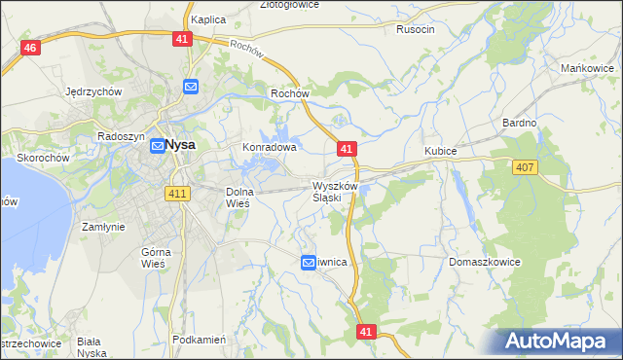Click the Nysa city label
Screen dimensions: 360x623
(x=180, y=145)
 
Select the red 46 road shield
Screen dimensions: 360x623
(x=31, y=49)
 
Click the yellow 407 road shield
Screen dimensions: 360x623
(x=525, y=167)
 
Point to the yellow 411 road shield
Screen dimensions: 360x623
(x=177, y=194)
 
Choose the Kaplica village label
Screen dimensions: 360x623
(x=208, y=19)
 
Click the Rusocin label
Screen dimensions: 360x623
(x=415, y=29)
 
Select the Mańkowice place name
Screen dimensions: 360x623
(x=586, y=68)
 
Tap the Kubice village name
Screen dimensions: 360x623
(x=441, y=152)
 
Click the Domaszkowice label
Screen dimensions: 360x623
(x=485, y=263)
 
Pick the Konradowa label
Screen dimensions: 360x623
(x=269, y=148)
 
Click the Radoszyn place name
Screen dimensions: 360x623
(x=121, y=137)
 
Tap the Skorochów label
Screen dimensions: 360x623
(x=42, y=158)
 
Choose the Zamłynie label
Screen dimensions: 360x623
(x=103, y=226)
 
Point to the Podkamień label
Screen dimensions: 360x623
(x=199, y=340)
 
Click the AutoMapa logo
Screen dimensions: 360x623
(x=558, y=342)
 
